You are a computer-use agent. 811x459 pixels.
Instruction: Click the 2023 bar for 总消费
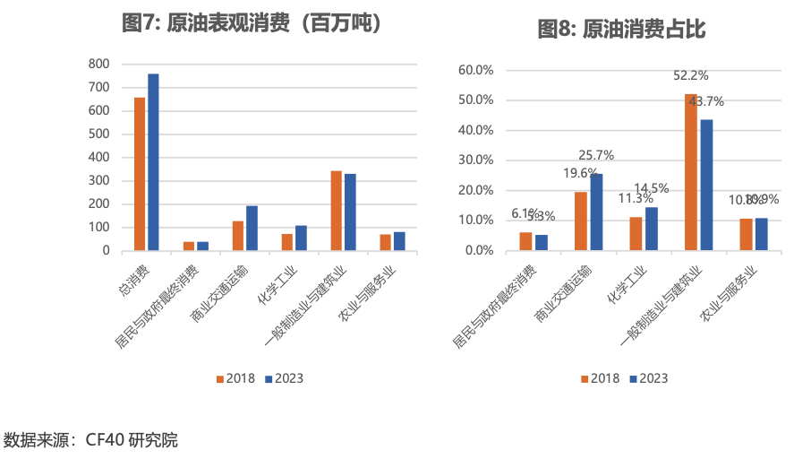click(x=153, y=161)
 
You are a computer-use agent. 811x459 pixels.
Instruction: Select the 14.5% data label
click(x=652, y=188)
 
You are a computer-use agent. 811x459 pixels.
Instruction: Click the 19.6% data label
click(x=580, y=173)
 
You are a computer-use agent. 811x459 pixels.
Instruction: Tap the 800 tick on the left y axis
click(x=99, y=64)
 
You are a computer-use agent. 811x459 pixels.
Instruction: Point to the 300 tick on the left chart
click(x=99, y=180)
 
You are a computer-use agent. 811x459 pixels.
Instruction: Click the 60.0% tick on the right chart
click(x=476, y=70)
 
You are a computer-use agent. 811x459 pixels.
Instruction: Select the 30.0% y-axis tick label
click(x=476, y=160)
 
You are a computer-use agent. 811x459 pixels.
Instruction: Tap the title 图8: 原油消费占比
click(x=621, y=30)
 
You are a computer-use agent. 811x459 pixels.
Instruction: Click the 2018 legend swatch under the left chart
click(x=218, y=378)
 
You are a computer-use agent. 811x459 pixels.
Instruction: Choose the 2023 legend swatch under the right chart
click(x=634, y=378)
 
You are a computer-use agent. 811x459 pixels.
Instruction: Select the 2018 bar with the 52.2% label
click(x=691, y=171)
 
